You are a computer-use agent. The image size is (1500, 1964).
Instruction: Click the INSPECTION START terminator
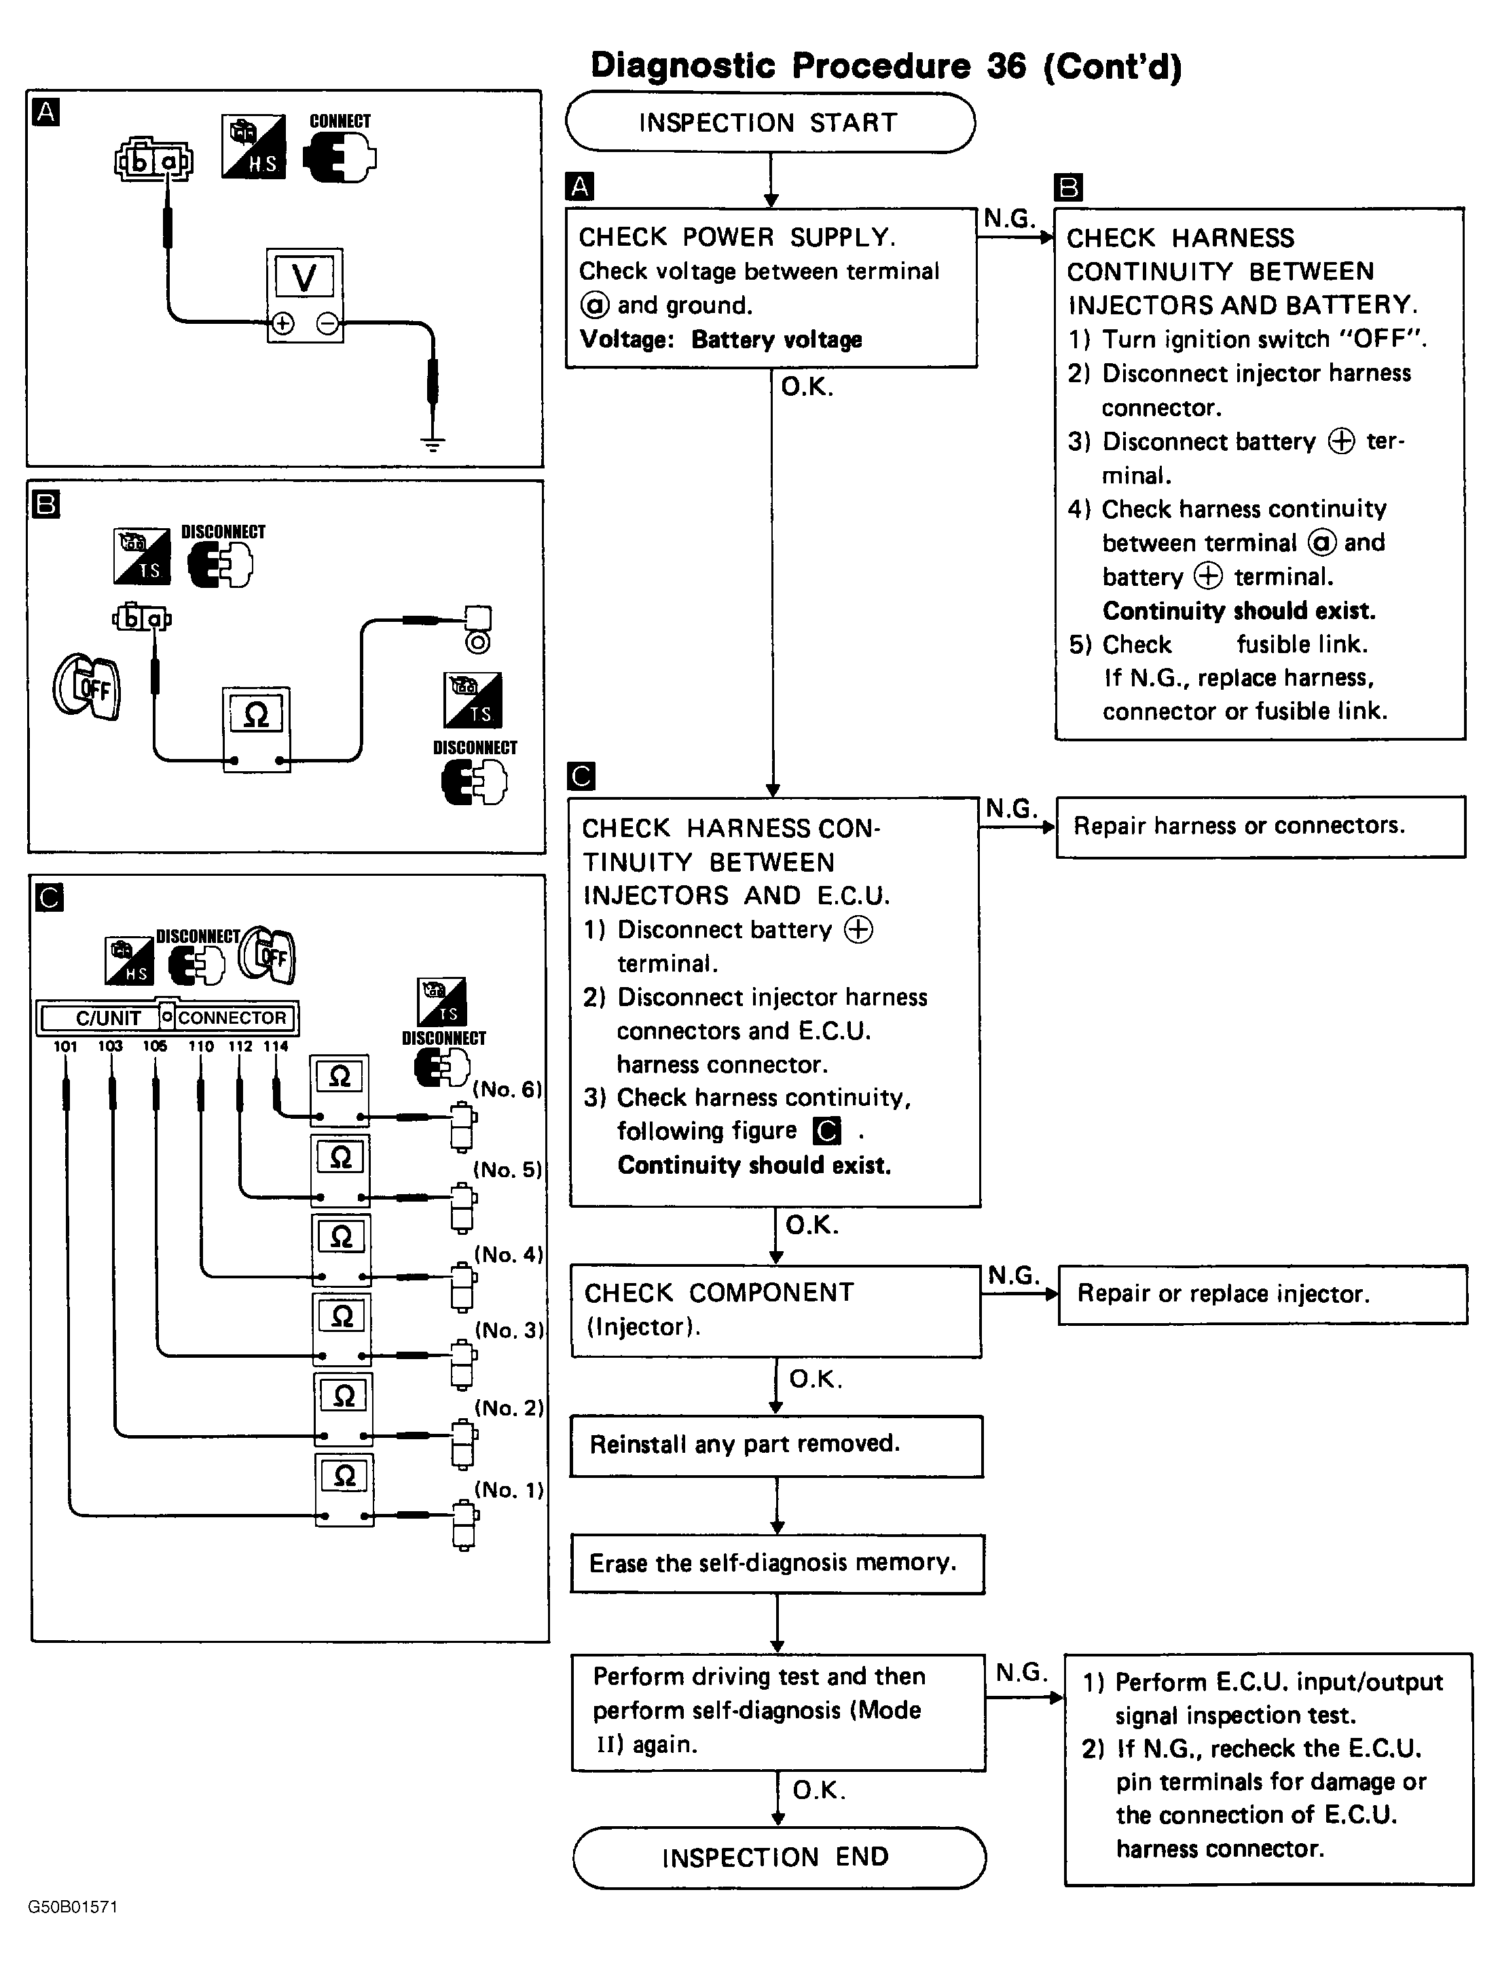[769, 122]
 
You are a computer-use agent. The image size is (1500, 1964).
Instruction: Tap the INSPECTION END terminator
[778, 1857]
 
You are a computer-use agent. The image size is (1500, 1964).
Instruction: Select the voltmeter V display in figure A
[304, 278]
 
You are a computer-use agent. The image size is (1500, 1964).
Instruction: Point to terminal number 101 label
[65, 1046]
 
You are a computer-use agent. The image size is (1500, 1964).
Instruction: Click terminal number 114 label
[276, 1046]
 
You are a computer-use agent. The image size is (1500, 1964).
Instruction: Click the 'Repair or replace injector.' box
[1262, 1293]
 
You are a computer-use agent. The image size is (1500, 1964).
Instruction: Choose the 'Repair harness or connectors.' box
[1260, 826]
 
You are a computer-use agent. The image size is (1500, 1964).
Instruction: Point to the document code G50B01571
[73, 1907]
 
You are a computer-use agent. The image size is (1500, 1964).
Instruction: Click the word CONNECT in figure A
[340, 122]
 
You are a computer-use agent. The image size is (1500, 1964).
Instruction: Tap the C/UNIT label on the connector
[107, 1018]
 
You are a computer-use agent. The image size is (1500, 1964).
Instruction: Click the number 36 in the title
[1006, 66]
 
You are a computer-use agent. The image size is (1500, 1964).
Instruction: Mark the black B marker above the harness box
[1068, 187]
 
